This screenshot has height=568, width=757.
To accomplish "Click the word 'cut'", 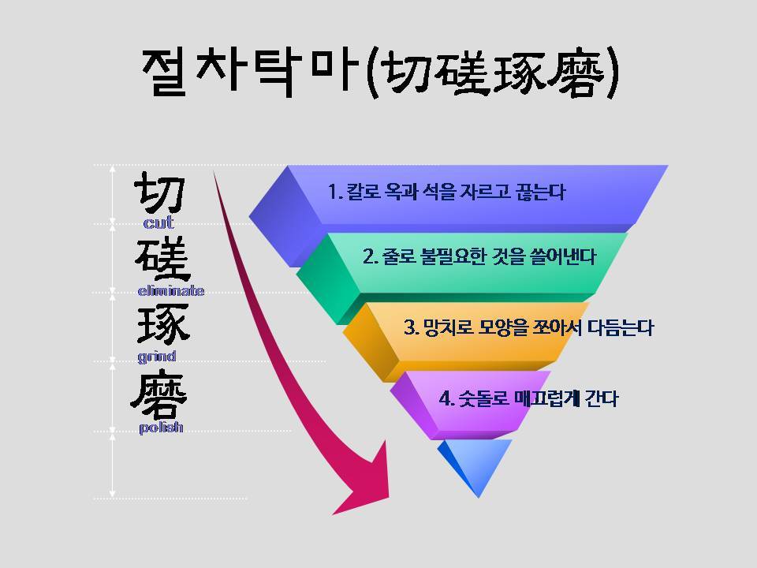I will click(x=158, y=223).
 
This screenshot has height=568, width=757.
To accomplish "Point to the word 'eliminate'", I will click(x=170, y=291).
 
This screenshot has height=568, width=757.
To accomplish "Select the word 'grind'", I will click(x=156, y=357).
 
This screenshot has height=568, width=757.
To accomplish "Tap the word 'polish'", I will click(x=161, y=428).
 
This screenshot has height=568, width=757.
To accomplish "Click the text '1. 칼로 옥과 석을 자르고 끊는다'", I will click(x=446, y=192).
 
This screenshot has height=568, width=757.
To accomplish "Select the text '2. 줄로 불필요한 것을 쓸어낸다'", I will click(x=479, y=257).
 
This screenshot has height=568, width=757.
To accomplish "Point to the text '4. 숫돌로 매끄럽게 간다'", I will click(x=528, y=398).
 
